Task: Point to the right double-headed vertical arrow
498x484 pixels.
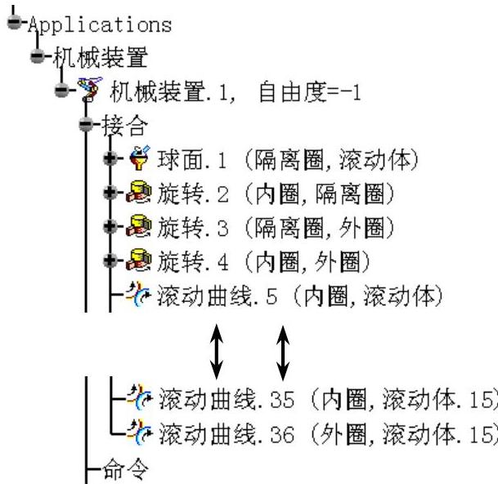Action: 283,349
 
